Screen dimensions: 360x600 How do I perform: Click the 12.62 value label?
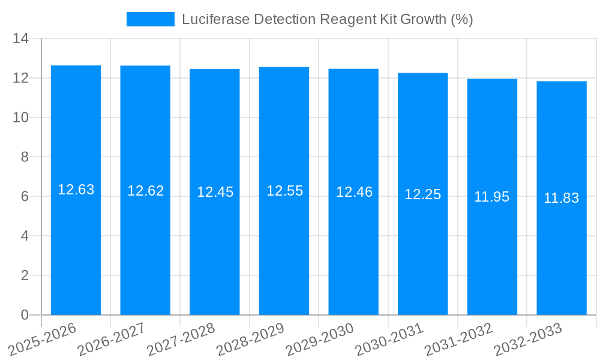pos(145,191)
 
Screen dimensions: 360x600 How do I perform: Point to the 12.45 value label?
pos(215,193)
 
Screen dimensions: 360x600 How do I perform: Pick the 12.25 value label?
pos(422,194)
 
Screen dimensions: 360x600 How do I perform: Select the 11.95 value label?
pos(492,197)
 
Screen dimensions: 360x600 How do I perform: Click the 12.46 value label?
pos(353,193)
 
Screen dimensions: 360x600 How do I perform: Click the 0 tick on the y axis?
pos(25,315)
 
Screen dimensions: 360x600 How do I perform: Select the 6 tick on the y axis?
pos(25,197)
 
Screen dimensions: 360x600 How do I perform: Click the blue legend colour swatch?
pos(150,19)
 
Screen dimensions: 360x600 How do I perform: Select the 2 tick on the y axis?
pos(25,275)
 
